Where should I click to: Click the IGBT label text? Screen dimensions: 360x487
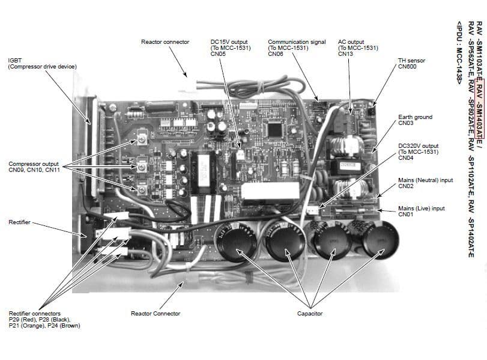click(14, 60)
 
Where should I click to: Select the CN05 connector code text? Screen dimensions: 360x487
click(218, 53)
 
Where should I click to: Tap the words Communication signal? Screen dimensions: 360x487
click(297, 42)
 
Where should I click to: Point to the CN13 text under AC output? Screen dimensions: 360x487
click(345, 53)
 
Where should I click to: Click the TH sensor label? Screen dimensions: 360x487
click(411, 61)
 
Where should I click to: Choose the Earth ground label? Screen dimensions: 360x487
click(415, 117)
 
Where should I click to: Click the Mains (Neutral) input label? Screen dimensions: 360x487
click(425, 180)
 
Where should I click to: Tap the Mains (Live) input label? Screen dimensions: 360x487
click(422, 208)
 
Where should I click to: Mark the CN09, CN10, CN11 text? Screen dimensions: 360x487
click(34, 169)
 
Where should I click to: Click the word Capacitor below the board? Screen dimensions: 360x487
click(309, 313)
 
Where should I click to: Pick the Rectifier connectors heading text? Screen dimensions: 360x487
click(34, 313)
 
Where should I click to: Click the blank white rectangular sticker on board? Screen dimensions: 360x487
click(270, 192)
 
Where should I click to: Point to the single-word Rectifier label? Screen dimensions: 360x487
click(19, 222)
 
